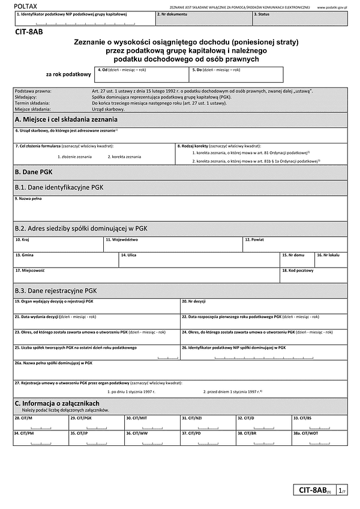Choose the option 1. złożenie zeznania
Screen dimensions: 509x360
pyautogui.click(x=74, y=157)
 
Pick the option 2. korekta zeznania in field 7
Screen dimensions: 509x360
pyautogui.click(x=124, y=157)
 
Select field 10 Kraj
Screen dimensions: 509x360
pyautogui.click(x=58, y=244)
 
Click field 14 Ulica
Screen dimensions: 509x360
pyautogui.click(x=199, y=259)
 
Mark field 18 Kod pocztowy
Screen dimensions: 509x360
pyautogui.click(x=313, y=275)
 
